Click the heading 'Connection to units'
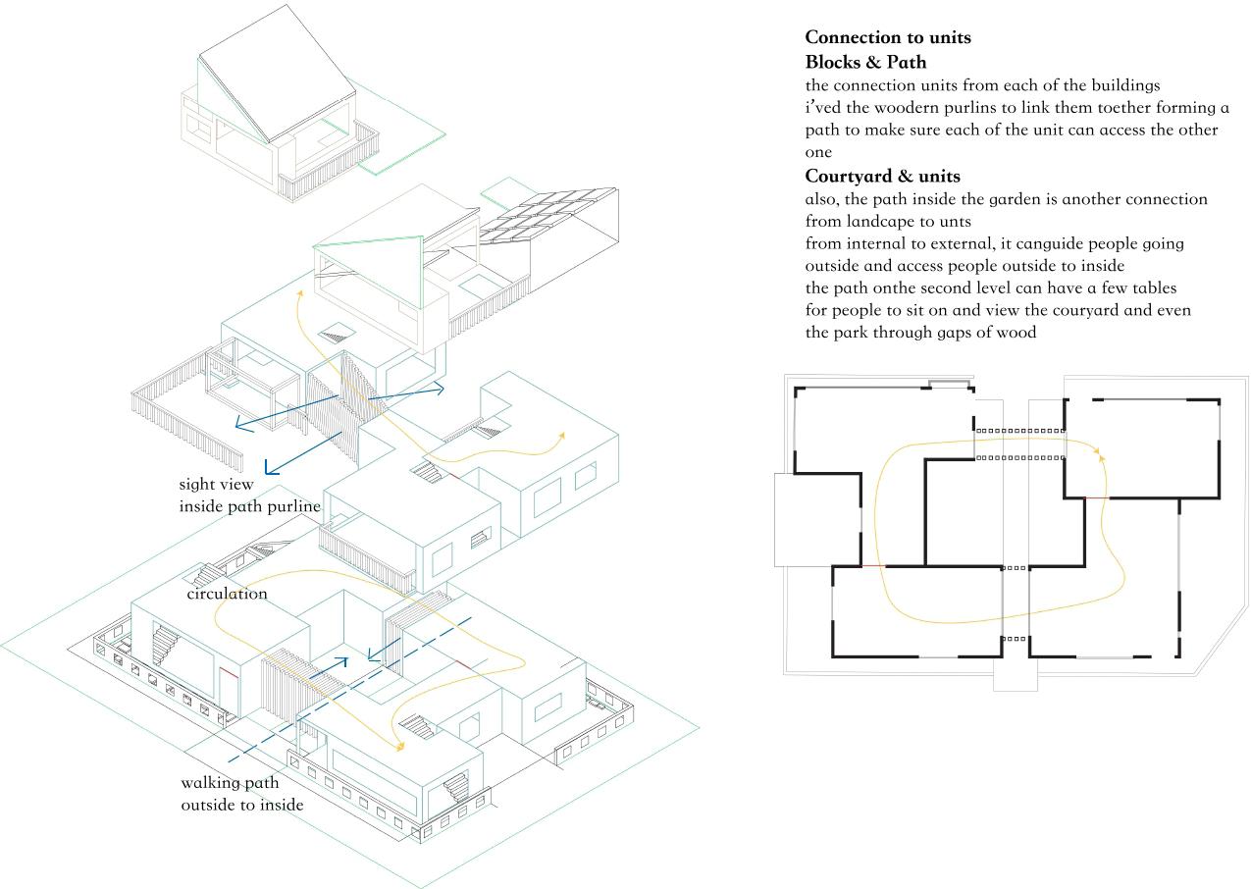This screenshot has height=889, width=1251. click(888, 38)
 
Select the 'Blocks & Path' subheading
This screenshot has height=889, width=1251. click(865, 63)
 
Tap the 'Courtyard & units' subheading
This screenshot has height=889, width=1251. click(882, 177)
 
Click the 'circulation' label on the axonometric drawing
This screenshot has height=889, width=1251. click(227, 594)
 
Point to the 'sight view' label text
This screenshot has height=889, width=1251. click(216, 484)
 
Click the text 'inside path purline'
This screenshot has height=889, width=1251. click(249, 506)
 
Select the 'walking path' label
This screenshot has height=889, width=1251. click(230, 783)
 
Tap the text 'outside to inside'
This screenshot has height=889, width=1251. click(241, 805)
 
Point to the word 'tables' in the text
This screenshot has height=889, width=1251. click(1147, 288)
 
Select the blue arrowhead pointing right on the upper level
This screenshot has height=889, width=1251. click(439, 390)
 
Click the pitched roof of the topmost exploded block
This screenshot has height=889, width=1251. click(280, 74)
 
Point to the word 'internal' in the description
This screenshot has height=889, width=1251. click(875, 243)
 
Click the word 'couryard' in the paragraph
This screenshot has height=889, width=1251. click(1092, 310)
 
